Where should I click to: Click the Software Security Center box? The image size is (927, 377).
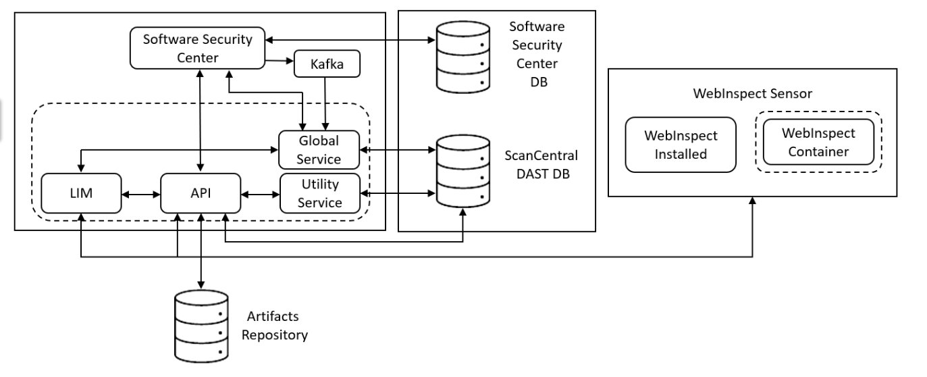coord(198,49)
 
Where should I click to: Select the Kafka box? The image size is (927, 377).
coord(327,65)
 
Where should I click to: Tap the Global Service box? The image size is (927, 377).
coord(319,150)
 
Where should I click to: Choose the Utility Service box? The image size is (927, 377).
coord(319,193)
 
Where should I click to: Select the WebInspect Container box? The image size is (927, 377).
coord(818,143)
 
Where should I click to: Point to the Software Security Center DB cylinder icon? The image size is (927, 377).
coord(462,57)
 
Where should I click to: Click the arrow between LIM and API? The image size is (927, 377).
coord(140,195)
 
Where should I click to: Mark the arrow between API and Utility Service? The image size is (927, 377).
coord(260,195)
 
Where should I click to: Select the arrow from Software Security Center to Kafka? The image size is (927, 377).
coord(280,61)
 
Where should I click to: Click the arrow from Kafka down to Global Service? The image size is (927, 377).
coord(327,101)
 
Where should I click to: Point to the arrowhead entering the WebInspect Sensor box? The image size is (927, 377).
coord(752,201)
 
